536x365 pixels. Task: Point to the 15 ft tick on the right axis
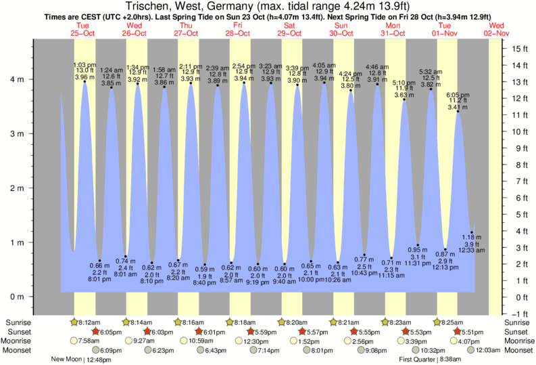click(x=519, y=49)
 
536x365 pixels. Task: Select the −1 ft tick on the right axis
click(x=519, y=314)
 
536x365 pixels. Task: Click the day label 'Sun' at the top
click(x=342, y=24)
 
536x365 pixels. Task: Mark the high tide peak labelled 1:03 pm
click(x=84, y=81)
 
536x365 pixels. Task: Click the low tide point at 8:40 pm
click(x=205, y=265)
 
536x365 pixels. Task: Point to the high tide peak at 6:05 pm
click(x=458, y=112)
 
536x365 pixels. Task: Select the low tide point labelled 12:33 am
click(x=472, y=233)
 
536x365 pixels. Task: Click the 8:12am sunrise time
click(x=91, y=323)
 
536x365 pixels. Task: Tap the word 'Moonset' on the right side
click(x=518, y=350)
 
